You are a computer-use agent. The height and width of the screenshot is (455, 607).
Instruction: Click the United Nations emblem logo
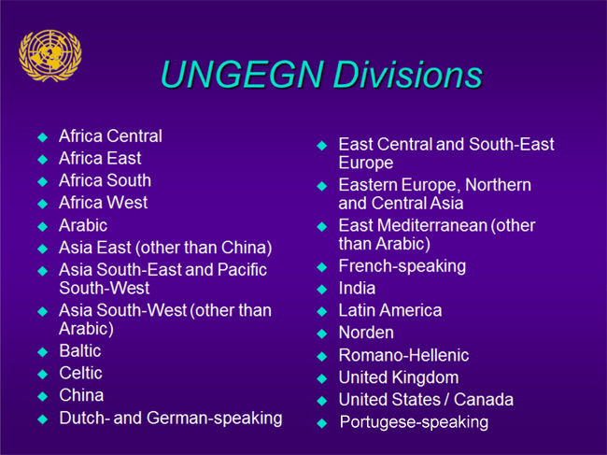tap(49, 56)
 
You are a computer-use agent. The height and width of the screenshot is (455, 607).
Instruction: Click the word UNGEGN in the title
tap(242, 74)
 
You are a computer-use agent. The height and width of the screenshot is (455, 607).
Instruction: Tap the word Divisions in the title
tap(408, 74)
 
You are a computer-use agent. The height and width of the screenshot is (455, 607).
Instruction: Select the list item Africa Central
tap(110, 135)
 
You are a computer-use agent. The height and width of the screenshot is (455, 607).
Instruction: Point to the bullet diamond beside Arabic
tap(43, 226)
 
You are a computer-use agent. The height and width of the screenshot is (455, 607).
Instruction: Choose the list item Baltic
tap(80, 351)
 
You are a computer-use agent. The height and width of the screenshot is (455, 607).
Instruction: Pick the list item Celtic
tap(80, 373)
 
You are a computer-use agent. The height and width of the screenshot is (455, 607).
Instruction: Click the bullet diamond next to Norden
tap(321, 334)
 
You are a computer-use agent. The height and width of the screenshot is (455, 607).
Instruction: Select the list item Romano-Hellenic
tap(403, 355)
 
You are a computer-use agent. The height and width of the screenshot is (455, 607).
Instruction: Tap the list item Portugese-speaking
tap(414, 422)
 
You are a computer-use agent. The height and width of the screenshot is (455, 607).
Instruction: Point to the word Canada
tap(484, 400)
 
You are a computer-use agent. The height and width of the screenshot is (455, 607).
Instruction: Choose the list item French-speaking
tap(402, 266)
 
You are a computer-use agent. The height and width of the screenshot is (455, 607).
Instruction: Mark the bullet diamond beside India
tap(321, 290)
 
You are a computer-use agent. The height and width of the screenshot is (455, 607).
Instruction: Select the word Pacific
tap(242, 270)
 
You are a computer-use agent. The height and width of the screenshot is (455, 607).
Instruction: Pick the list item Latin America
tap(390, 310)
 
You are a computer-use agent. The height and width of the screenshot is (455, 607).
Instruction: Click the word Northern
tap(498, 185)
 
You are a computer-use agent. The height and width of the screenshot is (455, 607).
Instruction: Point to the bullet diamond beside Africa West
tap(43, 204)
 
